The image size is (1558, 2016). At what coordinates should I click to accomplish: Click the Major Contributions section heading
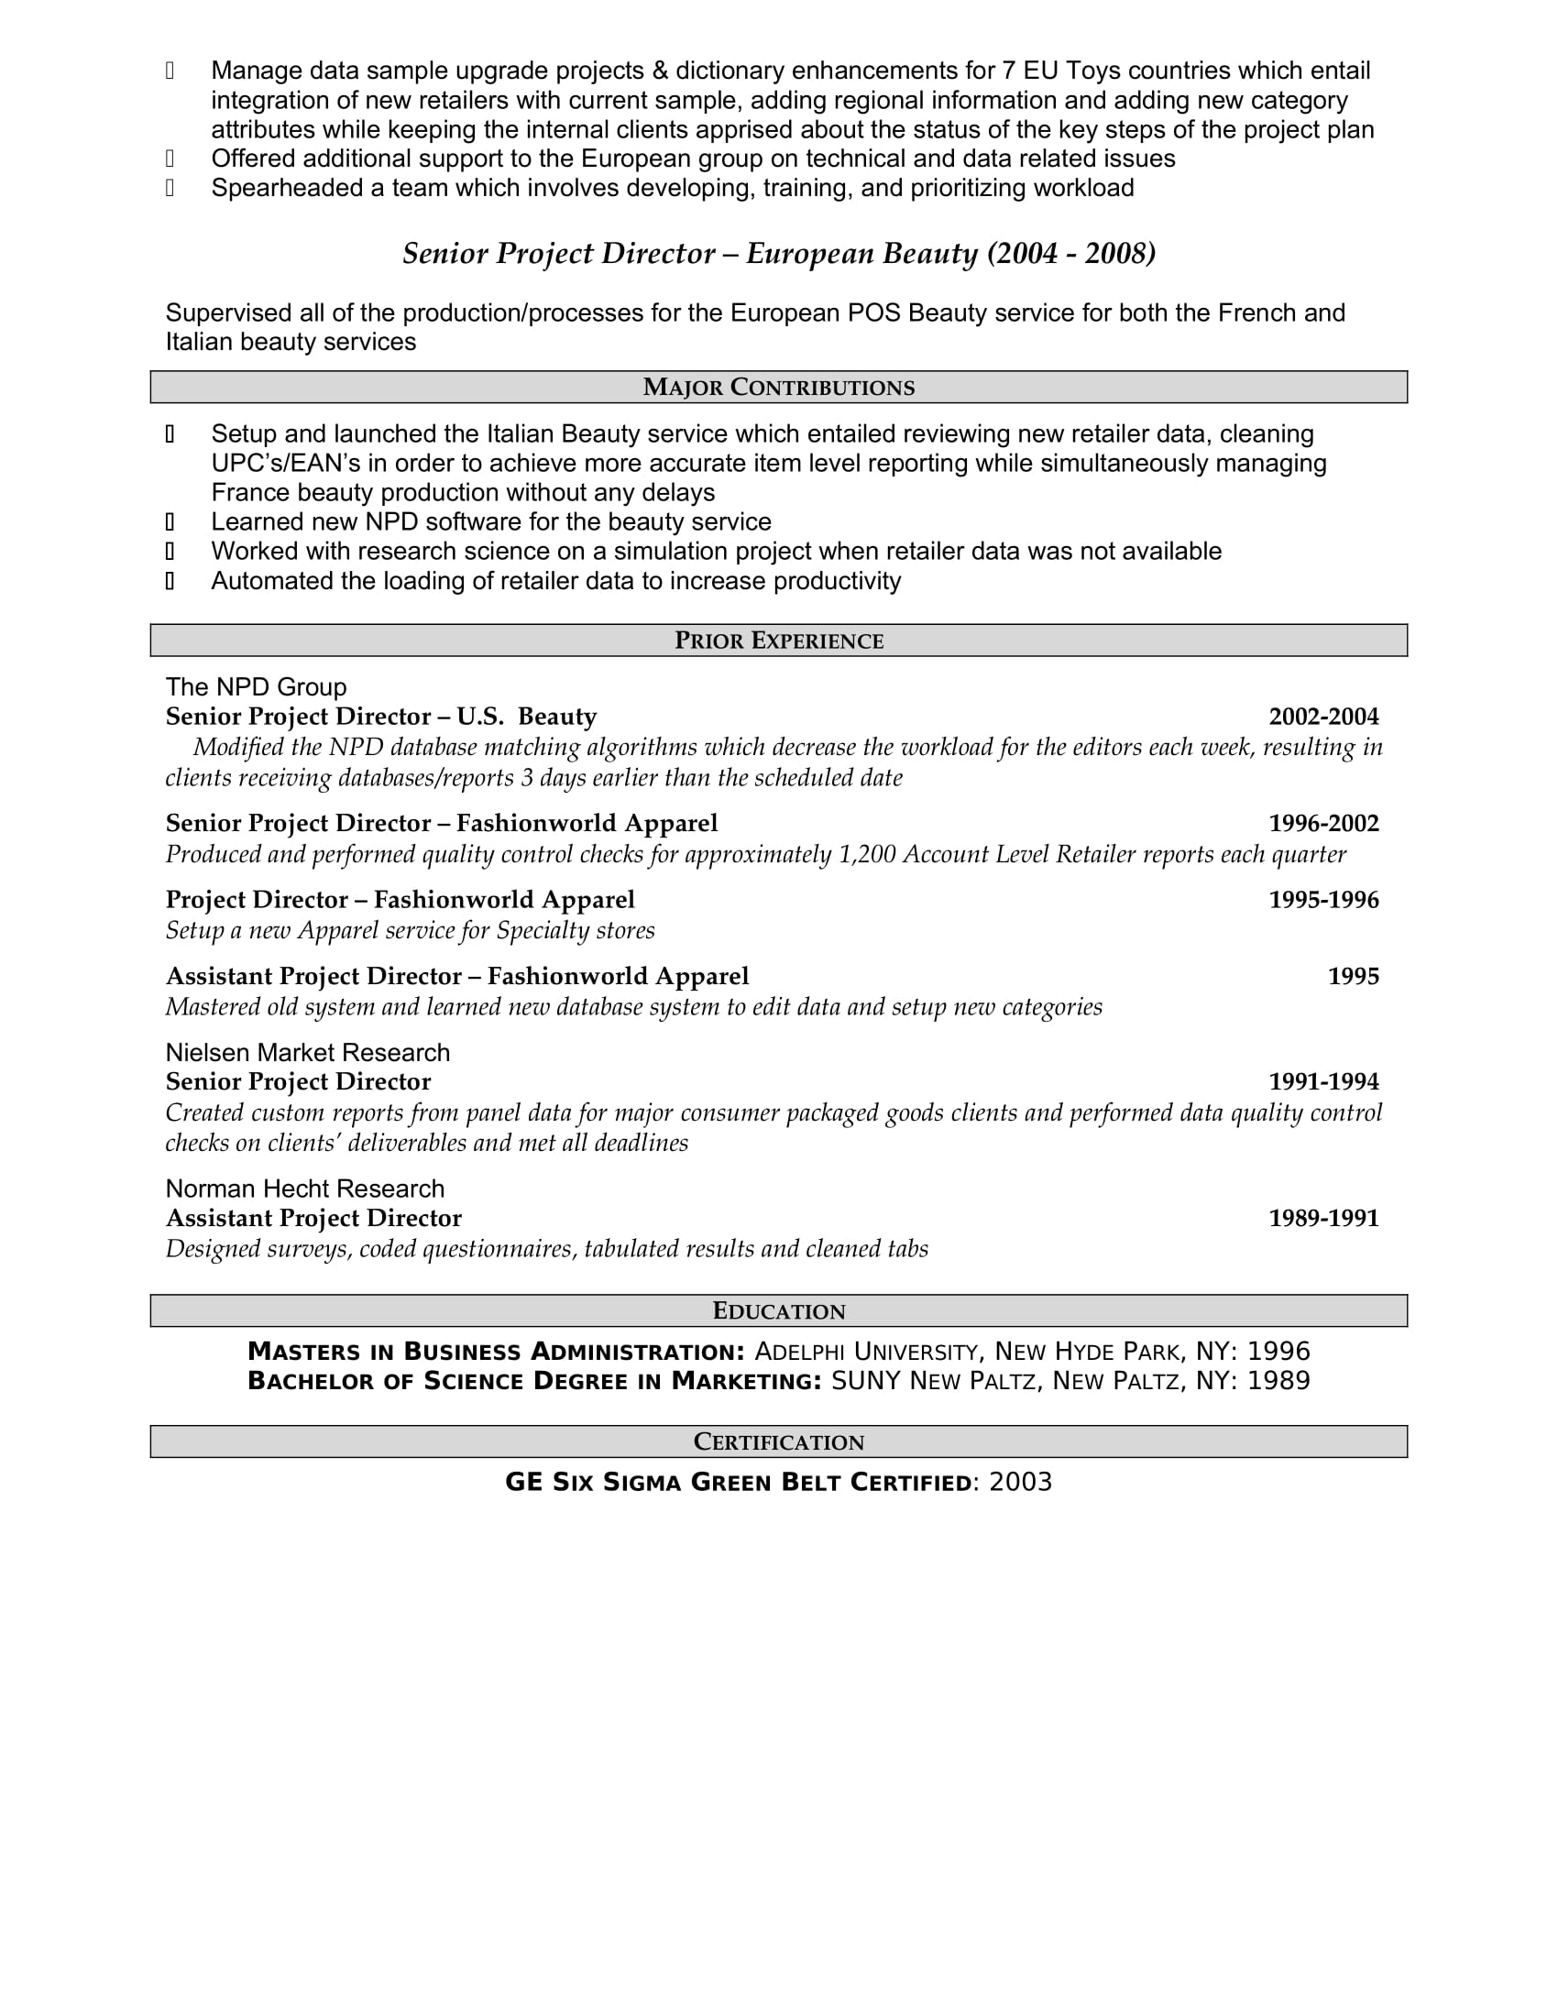click(778, 388)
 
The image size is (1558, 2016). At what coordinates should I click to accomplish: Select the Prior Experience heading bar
click(778, 641)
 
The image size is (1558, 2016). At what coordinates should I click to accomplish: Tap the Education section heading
click(778, 1310)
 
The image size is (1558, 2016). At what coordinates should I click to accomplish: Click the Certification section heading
click(778, 1441)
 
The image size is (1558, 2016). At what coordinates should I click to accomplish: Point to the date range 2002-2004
click(1322, 718)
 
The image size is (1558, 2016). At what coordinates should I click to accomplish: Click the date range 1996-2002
click(1322, 824)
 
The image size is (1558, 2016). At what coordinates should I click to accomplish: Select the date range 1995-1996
click(1322, 900)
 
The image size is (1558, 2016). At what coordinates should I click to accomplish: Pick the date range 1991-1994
click(1322, 1082)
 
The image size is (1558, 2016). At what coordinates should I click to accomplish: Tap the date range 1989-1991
click(1322, 1219)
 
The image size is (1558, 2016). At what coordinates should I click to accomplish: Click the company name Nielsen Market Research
click(307, 1053)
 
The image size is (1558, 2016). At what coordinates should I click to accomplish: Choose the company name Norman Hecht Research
click(304, 1189)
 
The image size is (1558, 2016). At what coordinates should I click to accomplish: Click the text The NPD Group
click(256, 687)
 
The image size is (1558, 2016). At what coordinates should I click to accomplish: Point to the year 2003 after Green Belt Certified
click(1020, 1483)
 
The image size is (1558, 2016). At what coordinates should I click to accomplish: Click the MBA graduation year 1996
click(1278, 1353)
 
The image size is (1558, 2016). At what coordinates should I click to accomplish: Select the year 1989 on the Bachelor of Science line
click(1278, 1381)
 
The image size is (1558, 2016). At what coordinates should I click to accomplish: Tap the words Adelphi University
click(866, 1353)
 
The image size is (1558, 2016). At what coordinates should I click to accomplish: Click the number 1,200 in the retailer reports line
click(867, 855)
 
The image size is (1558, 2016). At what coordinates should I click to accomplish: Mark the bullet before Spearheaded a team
click(170, 188)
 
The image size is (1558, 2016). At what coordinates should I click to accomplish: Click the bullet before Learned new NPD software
click(170, 522)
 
